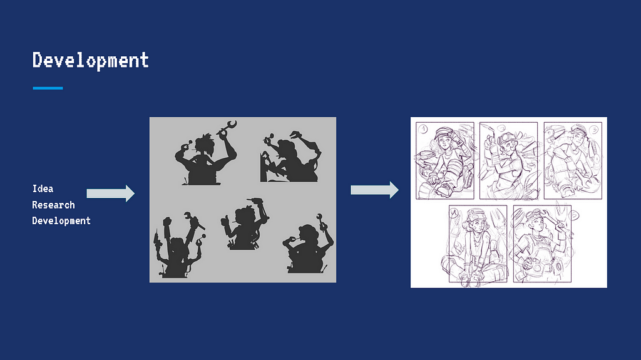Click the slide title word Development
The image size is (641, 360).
90,61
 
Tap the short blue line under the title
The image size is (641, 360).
48,88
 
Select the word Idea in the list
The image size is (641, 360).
43,188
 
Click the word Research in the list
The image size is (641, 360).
54,205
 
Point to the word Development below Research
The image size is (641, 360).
61,220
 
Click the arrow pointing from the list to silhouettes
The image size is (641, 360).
110,193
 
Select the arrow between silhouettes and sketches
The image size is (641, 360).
374,190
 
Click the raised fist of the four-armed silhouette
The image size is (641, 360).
167,222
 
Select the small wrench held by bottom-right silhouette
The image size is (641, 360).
320,220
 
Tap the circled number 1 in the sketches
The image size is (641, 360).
424,129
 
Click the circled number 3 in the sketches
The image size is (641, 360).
594,130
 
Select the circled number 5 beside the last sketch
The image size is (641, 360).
575,214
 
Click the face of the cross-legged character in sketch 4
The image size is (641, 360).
475,226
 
